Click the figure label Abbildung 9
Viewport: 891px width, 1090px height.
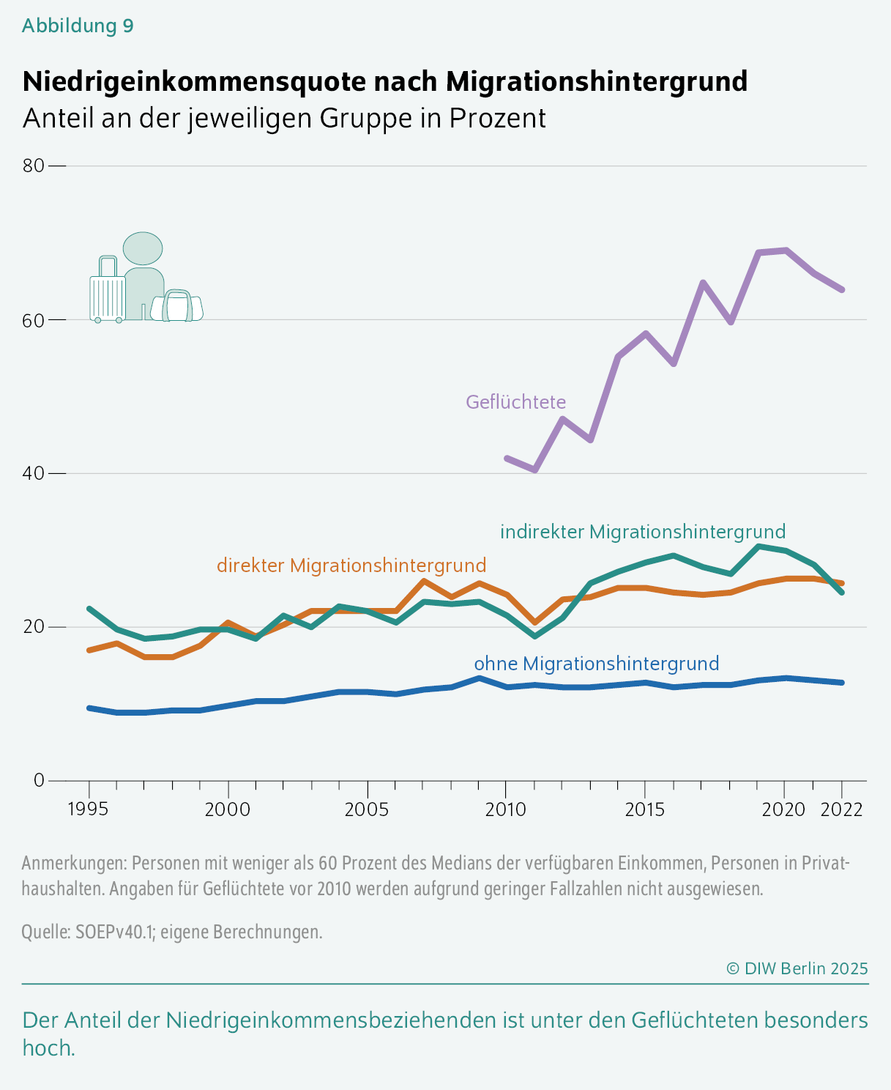[x=78, y=26]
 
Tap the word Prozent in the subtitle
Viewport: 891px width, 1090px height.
[x=497, y=118]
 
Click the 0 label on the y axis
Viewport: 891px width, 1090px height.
[x=39, y=780]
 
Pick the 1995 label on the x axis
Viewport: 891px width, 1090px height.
[x=89, y=809]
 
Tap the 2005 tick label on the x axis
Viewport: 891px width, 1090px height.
[x=367, y=809]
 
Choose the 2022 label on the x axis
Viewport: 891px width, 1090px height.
[x=841, y=809]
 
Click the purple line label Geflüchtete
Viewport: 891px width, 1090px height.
[x=515, y=402]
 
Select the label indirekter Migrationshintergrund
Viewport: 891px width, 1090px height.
[x=643, y=532]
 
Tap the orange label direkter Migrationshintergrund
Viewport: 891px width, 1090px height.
[x=351, y=566]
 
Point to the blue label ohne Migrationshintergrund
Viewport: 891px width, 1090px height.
[x=597, y=664]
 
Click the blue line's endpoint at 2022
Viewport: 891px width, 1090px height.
[x=842, y=683]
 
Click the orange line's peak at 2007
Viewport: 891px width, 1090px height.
[x=424, y=581]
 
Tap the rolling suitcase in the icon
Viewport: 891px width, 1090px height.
[x=108, y=289]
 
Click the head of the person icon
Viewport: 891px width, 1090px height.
[x=143, y=248]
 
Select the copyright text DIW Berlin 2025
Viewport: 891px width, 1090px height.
[x=797, y=968]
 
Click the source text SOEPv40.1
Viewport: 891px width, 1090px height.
[x=115, y=931]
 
